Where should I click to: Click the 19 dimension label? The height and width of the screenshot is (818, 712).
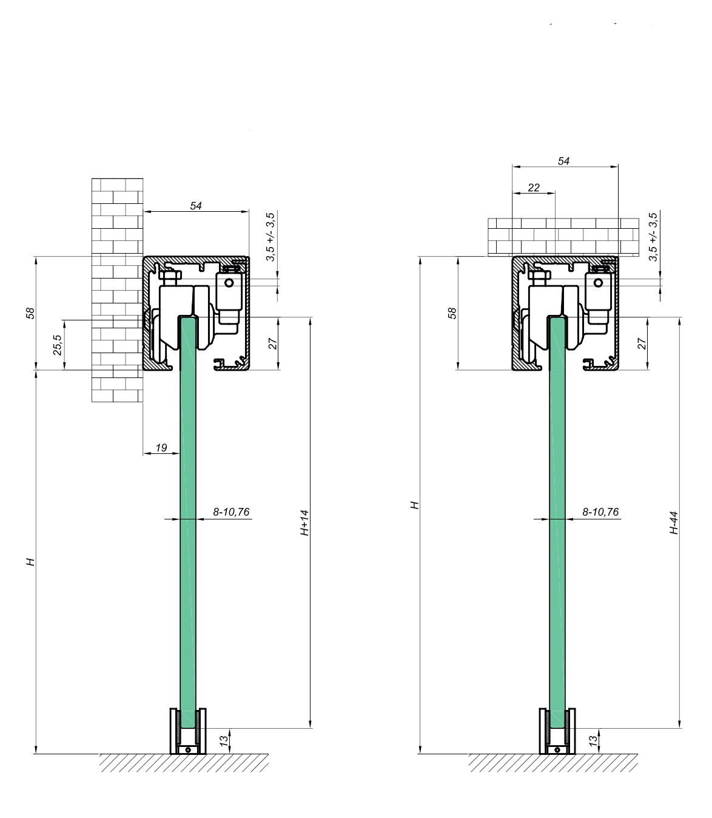[161, 448]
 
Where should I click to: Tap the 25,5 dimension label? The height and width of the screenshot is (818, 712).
[58, 345]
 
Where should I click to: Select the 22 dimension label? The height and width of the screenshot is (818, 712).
[534, 188]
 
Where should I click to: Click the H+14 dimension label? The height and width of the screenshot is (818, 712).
[304, 522]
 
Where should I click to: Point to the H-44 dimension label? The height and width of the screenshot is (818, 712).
[674, 523]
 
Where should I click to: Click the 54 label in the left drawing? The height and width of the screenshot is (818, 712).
[196, 206]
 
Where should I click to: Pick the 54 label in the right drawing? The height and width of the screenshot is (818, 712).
[563, 161]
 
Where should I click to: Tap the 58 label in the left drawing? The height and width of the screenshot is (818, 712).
[30, 313]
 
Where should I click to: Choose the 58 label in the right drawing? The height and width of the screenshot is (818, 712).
[451, 313]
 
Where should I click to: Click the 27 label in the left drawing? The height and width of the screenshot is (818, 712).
[272, 343]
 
